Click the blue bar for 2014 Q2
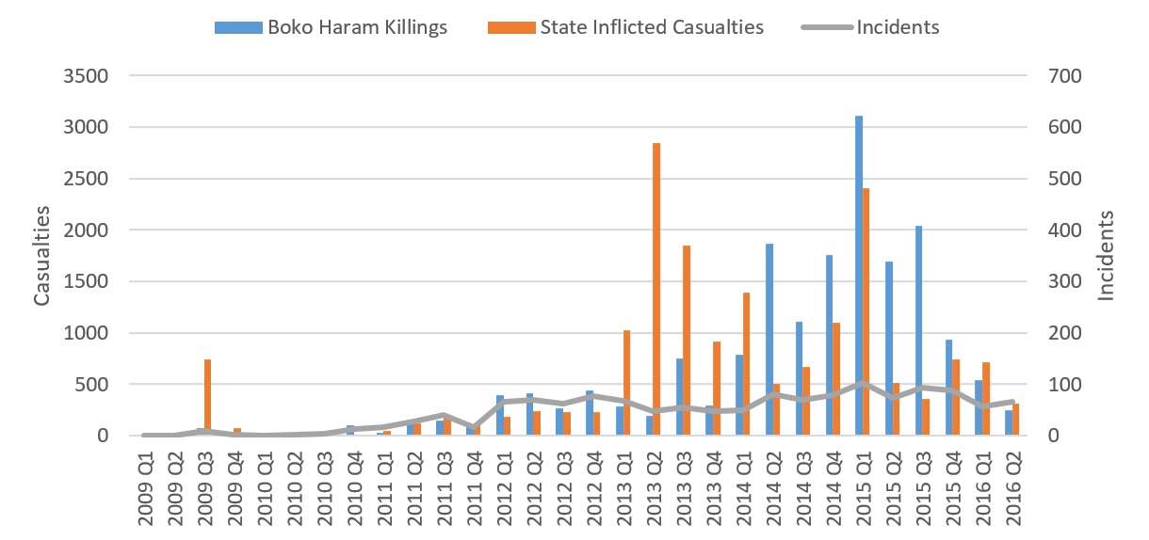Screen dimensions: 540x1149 point(769,340)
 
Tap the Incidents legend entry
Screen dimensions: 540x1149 point(871,27)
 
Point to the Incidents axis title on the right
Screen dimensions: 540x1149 point(1107,255)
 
